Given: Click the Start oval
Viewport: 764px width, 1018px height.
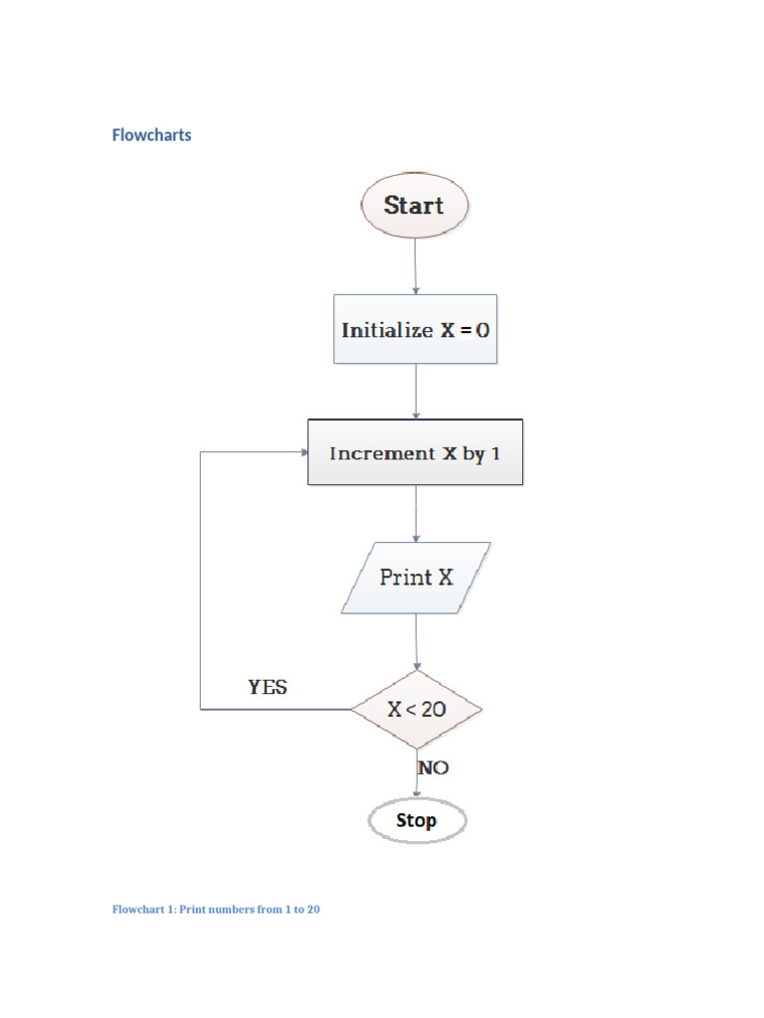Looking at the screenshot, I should tap(414, 206).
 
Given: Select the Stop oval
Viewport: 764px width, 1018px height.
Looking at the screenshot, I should tap(416, 821).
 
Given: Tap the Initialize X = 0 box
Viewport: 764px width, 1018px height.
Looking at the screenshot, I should tap(415, 329).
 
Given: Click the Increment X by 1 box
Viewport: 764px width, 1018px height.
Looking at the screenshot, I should tap(415, 452).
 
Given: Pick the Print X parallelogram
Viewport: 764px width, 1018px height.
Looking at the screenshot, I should tap(416, 577).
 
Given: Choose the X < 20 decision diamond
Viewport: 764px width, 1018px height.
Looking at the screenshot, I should tap(416, 709).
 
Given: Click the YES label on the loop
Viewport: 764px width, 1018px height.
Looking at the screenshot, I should tap(268, 687).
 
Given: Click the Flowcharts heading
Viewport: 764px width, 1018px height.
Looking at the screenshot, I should tap(151, 135).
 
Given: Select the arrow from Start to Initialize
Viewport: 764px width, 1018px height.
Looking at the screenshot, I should tap(415, 266).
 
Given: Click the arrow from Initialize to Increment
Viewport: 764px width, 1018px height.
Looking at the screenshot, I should tap(416, 391).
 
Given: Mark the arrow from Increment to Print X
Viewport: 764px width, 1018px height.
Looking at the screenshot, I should tap(416, 513).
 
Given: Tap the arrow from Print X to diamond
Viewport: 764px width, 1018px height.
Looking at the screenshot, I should tap(417, 641).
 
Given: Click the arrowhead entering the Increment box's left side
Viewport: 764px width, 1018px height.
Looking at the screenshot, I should tap(302, 452).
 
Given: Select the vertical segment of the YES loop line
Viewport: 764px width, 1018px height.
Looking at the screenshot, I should tap(201, 581).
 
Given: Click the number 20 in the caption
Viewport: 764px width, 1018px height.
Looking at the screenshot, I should tap(312, 910).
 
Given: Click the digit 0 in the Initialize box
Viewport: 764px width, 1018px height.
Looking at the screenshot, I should tap(482, 330).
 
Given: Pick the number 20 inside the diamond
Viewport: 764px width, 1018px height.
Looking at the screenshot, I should tap(433, 710).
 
